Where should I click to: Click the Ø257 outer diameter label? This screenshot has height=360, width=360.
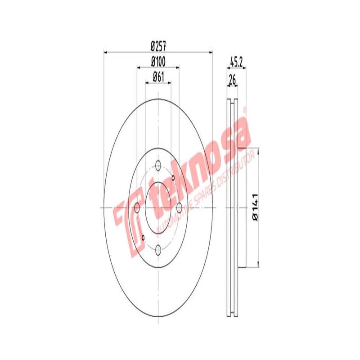[158, 45]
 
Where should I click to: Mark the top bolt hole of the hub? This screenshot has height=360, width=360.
[158, 165]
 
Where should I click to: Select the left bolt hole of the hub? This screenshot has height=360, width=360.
[137, 207]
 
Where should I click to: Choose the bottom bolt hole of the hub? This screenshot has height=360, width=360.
[158, 250]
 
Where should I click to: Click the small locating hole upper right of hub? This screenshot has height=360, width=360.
[173, 176]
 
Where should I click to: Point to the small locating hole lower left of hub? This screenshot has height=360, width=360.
[143, 237]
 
